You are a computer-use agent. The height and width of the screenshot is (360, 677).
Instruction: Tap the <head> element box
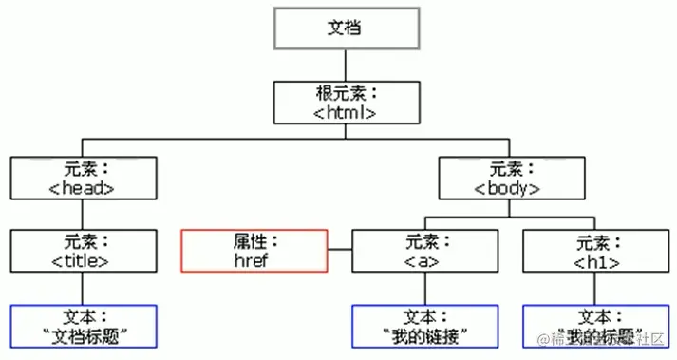click(83, 178)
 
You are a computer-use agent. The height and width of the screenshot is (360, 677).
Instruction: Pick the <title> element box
click(83, 251)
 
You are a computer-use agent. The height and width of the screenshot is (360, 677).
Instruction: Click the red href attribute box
click(254, 251)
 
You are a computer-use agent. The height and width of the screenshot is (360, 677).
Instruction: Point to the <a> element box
click(423, 251)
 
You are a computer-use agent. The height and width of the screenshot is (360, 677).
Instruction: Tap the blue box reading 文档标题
click(83, 326)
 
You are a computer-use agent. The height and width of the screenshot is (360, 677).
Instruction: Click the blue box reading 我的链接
click(423, 326)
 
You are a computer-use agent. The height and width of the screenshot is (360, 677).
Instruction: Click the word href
click(254, 259)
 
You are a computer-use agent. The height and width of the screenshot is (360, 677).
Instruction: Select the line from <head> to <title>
click(83, 215)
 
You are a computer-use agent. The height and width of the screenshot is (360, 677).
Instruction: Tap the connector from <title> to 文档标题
click(83, 289)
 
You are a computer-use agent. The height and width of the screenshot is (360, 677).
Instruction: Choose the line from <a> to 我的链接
click(423, 289)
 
